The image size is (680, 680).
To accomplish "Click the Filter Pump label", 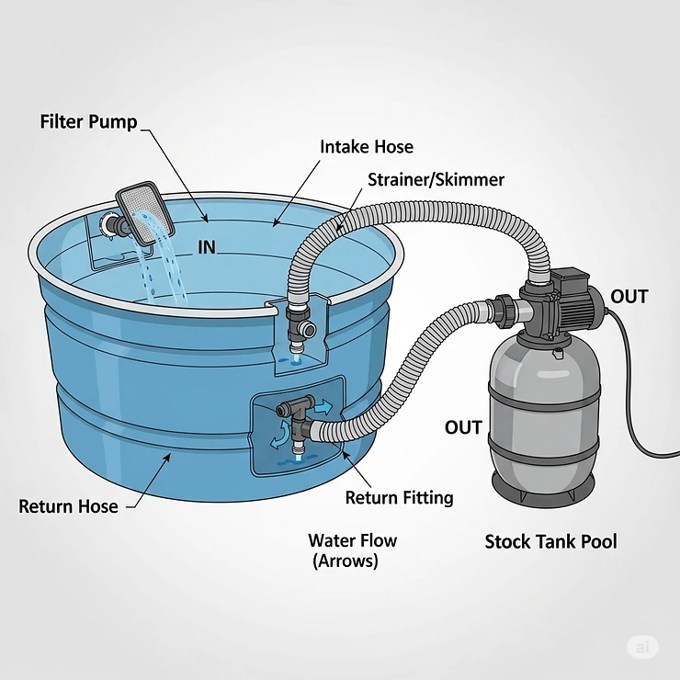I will pos(88,121).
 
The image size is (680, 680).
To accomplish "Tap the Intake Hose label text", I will pos(366,147).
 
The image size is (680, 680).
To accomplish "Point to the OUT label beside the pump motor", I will pos(629,297).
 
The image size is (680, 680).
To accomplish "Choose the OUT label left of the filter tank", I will pos(463,428).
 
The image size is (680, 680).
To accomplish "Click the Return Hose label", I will pos(68,506).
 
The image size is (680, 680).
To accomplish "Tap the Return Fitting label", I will pos(399,498).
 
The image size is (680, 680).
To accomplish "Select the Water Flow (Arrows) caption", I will pos(352,550).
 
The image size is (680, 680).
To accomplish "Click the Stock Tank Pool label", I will pos(550,542).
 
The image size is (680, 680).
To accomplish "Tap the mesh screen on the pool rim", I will pos(146,210).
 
